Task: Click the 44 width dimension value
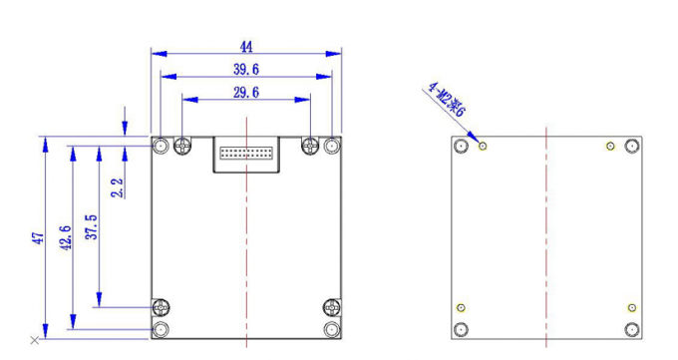[246, 46]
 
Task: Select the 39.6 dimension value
[246, 69]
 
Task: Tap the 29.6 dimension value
[246, 92]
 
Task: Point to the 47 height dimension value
[38, 238]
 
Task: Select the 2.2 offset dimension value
[118, 186]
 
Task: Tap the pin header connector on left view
[246, 155]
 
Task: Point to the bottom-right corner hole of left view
[332, 329]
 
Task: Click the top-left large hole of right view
[461, 147]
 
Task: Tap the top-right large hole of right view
[631, 147]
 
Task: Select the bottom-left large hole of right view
[461, 329]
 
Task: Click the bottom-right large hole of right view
[631, 329]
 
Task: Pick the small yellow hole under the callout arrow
[484, 147]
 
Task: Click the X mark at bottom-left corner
[35, 341]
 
